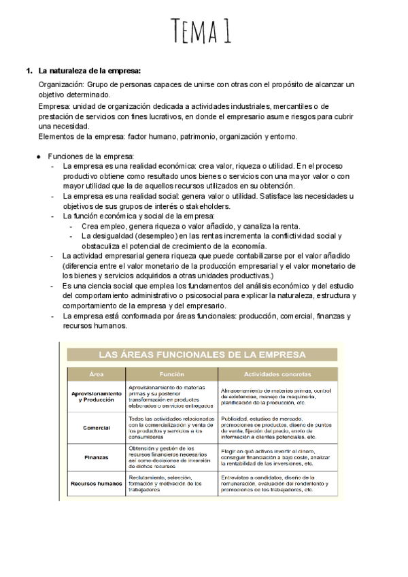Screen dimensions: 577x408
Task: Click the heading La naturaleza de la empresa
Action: coord(89,71)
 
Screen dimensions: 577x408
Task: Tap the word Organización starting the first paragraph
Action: coord(61,84)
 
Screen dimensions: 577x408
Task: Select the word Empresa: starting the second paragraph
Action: coord(55,106)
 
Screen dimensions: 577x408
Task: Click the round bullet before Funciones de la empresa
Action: coord(39,156)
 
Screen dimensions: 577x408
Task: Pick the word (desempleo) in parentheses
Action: coord(144,236)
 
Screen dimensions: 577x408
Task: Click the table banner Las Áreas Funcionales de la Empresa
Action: coord(202,355)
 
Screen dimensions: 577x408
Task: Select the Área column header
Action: coord(97,374)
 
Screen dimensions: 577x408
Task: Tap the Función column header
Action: coord(171,374)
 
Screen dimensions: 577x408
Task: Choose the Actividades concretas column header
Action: coord(277,374)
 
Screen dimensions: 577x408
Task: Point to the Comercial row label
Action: coord(97,428)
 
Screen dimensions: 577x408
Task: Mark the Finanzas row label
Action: coord(97,457)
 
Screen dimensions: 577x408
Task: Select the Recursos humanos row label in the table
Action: coord(97,483)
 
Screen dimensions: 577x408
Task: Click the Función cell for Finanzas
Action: coord(171,457)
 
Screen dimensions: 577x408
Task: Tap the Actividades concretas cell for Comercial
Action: coord(277,428)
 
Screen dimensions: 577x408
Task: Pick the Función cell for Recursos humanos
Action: coord(171,483)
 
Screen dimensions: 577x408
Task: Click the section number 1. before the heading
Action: coord(29,71)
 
